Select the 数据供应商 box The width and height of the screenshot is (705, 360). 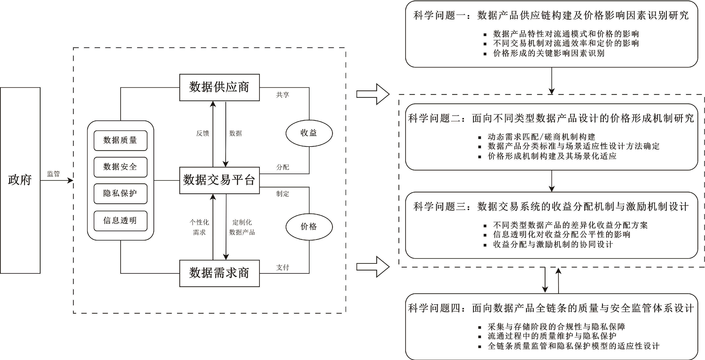point(219,87)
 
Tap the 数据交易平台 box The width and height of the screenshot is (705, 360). point(219,180)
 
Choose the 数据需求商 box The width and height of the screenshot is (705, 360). point(219,273)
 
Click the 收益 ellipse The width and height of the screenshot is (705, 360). point(309,133)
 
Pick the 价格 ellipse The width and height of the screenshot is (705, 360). point(309,226)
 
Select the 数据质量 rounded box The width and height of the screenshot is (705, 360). point(120,140)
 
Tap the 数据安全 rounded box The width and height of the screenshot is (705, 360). point(120,167)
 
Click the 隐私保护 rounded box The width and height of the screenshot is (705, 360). point(120,193)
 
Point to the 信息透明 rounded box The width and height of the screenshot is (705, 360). point(120,220)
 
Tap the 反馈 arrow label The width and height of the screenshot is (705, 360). point(203,133)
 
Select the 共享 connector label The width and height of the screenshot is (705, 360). point(282,95)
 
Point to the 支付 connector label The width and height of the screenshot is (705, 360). point(282,267)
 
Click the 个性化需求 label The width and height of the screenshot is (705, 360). point(199,227)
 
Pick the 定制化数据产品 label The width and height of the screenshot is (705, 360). point(242,227)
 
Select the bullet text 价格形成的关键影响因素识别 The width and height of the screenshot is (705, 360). point(548,53)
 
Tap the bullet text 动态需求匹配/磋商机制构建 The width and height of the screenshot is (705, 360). point(541,137)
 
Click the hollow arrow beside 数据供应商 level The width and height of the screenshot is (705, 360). point(373,94)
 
